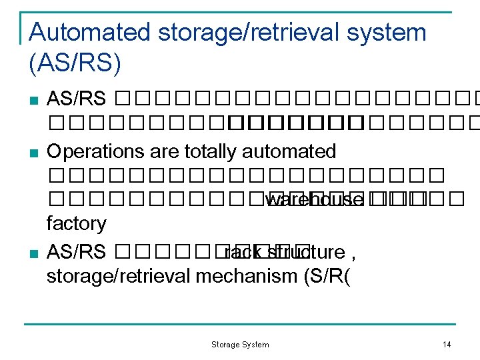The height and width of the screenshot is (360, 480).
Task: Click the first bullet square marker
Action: tap(35, 101)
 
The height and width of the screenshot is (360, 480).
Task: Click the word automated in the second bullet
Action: tap(289, 152)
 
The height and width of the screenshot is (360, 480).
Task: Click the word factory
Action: tap(76, 223)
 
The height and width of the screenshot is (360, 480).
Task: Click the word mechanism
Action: tap(243, 275)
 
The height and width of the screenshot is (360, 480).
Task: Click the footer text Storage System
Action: tap(240, 345)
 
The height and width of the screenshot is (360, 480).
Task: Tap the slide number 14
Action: tap(447, 345)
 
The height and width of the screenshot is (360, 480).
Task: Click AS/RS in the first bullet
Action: tap(76, 100)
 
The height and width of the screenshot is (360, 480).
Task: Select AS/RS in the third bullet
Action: tap(76, 253)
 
